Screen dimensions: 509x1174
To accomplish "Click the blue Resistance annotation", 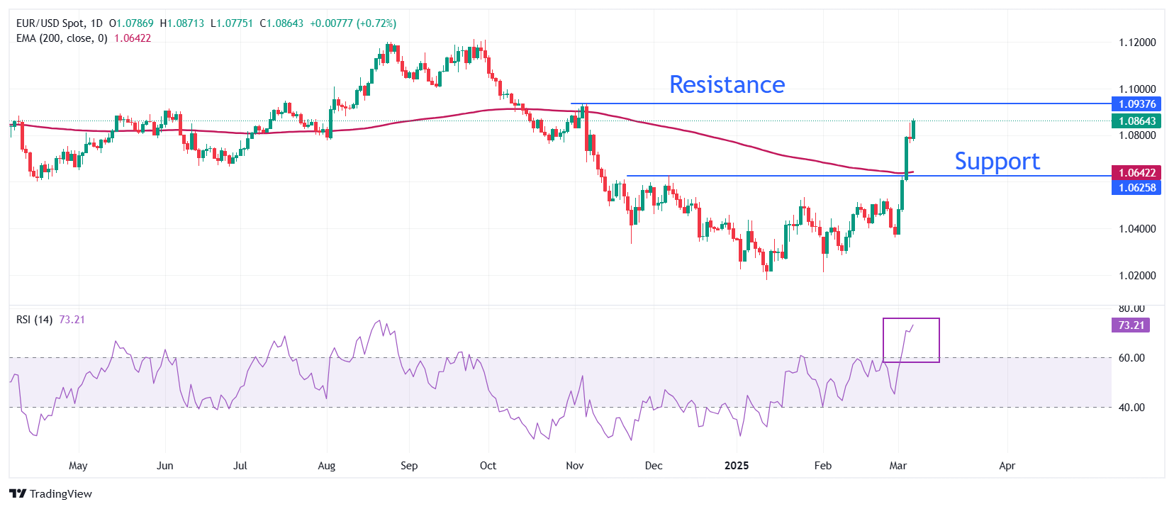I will coord(727,85).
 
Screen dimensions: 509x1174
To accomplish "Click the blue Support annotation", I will coord(997,162).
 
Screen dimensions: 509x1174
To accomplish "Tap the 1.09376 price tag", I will coord(1136,104).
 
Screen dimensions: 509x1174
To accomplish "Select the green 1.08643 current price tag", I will coord(1136,121).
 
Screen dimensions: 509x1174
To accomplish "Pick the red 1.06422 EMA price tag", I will coord(1136,173).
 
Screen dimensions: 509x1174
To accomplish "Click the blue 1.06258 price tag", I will coord(1136,188).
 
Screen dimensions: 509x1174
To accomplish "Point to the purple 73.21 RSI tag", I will coord(1131,325).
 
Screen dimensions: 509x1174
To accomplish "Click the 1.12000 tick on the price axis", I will coord(1137,43).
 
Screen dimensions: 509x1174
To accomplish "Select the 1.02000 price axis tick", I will coord(1137,276).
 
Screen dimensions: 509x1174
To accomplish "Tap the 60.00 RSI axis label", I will coord(1131,358).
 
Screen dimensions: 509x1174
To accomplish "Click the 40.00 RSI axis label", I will coord(1131,408).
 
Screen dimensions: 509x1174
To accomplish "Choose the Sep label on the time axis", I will coord(409,466).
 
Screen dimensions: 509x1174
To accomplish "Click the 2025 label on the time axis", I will coord(737,466).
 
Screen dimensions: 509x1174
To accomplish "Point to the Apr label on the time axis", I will coord(1007,466).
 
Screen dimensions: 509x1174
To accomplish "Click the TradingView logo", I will coord(51,494).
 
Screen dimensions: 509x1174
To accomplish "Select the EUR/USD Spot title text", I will coord(50,23).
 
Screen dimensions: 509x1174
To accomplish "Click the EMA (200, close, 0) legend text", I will coord(62,38).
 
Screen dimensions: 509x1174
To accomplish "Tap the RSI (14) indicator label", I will coord(34,320).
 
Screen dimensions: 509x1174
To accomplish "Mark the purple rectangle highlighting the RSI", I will coord(911,340).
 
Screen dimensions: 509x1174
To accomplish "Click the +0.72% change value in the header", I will coord(377,23).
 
